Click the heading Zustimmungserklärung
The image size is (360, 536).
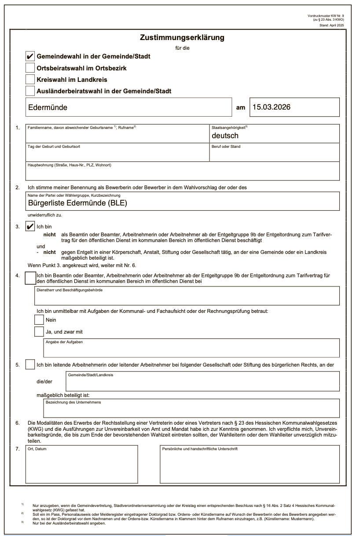(182, 38)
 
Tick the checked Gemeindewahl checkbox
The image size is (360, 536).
(30, 56)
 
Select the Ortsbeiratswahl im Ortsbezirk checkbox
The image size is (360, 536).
(30, 68)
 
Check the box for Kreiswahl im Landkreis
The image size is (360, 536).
(30, 79)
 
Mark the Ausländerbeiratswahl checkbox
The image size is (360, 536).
(30, 91)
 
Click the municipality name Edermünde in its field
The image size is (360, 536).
(48, 107)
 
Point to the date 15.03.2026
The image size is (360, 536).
(271, 107)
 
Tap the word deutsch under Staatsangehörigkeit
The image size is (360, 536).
(225, 136)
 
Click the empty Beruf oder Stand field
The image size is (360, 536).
(275, 154)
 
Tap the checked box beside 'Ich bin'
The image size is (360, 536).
(30, 226)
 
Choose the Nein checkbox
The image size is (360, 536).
(39, 319)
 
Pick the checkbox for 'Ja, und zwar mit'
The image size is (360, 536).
(39, 331)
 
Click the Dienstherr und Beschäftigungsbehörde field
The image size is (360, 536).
(187, 297)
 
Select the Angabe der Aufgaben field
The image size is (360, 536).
(191, 349)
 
